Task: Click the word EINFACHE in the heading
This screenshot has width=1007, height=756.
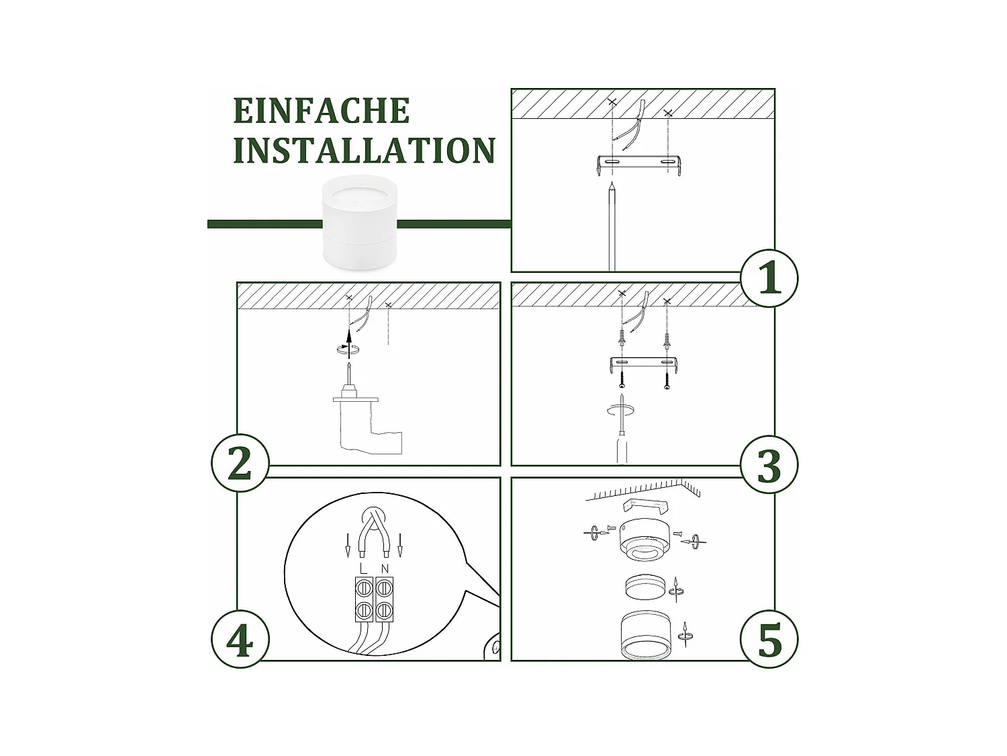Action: coord(321,111)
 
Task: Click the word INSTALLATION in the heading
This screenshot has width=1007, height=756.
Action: coord(365,150)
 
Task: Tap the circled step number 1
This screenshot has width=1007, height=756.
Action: coord(769,278)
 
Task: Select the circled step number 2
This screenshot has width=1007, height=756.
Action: coord(240,463)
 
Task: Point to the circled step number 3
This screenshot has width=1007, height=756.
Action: coord(769,464)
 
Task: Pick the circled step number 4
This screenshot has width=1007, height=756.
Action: coord(240,640)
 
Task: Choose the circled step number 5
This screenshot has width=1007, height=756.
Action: coord(769,640)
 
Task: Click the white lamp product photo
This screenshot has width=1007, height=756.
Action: coord(360,222)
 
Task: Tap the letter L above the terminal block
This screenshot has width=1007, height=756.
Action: coord(363,569)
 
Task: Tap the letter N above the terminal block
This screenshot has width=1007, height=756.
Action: coord(385,569)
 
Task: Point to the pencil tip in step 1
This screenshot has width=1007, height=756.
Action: coord(612,183)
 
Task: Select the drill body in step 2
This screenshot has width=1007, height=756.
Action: coord(367,427)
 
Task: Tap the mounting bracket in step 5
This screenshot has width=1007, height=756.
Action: coord(646,506)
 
